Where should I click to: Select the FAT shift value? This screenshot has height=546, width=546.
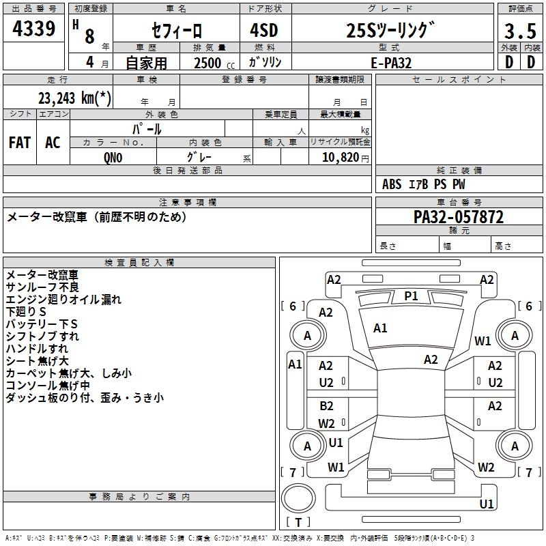click(20, 142)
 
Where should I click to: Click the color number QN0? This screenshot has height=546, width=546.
click(113, 157)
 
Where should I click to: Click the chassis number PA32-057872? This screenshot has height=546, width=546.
click(459, 218)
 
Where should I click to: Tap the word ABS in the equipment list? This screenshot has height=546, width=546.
click(392, 184)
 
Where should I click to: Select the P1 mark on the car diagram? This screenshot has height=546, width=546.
click(411, 296)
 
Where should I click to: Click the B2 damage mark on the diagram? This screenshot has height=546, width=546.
click(326, 406)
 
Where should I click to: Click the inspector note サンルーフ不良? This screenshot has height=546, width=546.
click(42, 287)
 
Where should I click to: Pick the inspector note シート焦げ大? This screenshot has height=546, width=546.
click(38, 361)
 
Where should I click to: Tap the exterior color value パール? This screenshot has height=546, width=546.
click(147, 128)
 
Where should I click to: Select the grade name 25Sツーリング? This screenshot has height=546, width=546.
click(390, 31)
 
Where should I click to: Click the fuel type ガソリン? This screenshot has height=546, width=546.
click(265, 62)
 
